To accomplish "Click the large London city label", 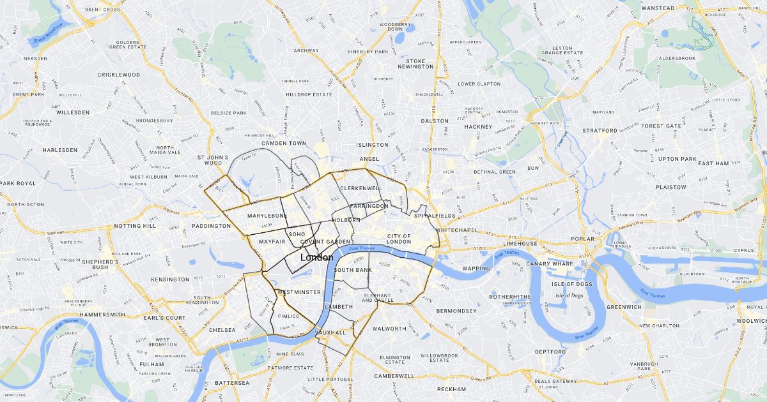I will pos(316,257).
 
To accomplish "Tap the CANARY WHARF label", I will pos(549,264).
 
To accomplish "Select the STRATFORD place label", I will pos(600,130).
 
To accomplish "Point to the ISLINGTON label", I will pos(372,145).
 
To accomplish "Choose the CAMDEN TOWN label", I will pos(284,143).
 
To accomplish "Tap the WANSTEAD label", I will pos(657,8).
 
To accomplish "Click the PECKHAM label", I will pos(451,389).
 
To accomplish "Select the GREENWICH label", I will pos(623,306).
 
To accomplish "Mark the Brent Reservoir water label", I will pos(49,34).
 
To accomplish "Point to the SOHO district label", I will pos(297,234).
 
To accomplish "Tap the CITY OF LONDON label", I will pos(399,239).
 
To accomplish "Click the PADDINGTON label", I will pos(211,226).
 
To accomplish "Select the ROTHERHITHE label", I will pos(509,297).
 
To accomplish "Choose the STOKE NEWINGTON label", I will pos(415,64).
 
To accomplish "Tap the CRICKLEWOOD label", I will pos(118,75).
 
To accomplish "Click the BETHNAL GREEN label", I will pos(494,172).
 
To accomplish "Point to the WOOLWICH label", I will pos(753,321).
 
